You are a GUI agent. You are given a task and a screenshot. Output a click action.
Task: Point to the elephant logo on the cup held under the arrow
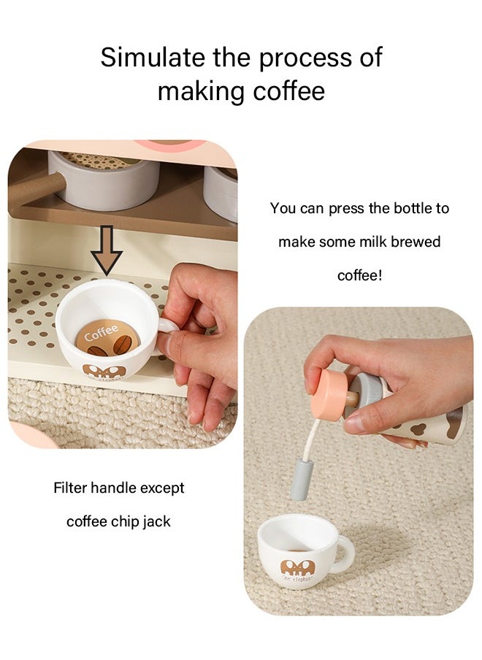104,372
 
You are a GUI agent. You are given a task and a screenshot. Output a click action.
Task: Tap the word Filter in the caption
70,488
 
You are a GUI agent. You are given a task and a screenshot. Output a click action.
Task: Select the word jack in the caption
156,522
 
